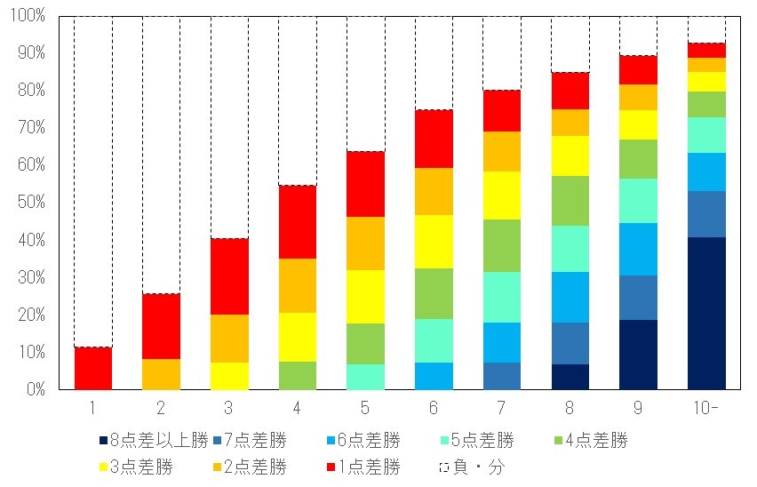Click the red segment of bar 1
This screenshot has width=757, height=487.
pyautogui.click(x=93, y=368)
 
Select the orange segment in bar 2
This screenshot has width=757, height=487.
pyautogui.click(x=161, y=374)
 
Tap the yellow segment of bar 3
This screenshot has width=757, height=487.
pyautogui.click(x=229, y=376)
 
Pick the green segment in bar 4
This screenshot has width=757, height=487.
pyautogui.click(x=298, y=375)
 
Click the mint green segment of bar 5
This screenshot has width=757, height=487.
pyautogui.click(x=365, y=377)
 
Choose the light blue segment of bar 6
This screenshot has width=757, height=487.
pyautogui.click(x=434, y=376)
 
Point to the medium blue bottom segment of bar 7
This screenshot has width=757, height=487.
pyautogui.click(x=502, y=376)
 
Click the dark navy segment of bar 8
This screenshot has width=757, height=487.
pyautogui.click(x=570, y=377)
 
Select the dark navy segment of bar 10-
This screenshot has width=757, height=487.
pyautogui.click(x=706, y=313)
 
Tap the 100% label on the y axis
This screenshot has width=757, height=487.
pyautogui.click(x=28, y=15)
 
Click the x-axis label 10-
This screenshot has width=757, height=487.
pyautogui.click(x=706, y=407)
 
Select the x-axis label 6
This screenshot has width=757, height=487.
pyautogui.click(x=434, y=407)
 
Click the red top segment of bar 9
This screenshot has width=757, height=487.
pyautogui.click(x=638, y=69)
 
